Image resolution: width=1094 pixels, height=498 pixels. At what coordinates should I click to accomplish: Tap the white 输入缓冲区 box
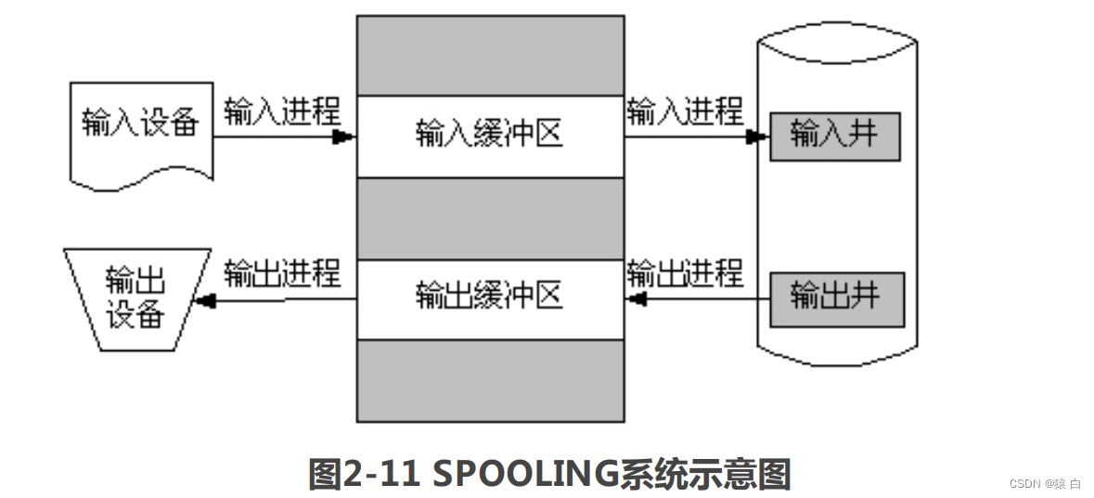click(490, 136)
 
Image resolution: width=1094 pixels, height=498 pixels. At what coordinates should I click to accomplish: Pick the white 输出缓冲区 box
click(490, 298)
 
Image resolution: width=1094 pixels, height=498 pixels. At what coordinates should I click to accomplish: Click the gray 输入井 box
click(834, 137)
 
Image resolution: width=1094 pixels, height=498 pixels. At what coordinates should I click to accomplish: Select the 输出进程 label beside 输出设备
click(283, 274)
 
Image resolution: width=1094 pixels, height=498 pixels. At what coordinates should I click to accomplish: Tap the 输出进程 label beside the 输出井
click(685, 274)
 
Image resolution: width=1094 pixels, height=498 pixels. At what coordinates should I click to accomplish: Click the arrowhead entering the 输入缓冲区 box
click(344, 138)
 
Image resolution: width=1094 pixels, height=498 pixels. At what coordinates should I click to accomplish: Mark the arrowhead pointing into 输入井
click(756, 138)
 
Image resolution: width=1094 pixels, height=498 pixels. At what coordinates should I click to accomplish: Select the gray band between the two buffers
click(490, 218)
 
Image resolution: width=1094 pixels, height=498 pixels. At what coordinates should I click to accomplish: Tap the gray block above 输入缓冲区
click(490, 55)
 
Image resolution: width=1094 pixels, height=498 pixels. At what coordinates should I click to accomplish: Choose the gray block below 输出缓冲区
click(490, 380)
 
